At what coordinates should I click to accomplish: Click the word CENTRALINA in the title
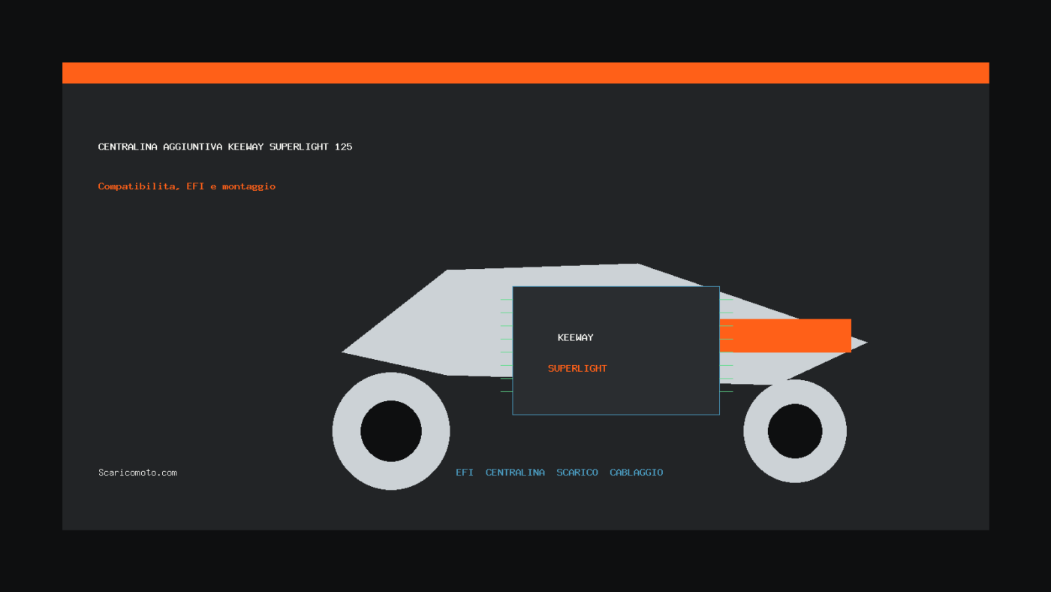[x=128, y=147]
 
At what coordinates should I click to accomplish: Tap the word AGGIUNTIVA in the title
[x=193, y=147]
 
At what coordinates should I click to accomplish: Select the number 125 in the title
[x=344, y=147]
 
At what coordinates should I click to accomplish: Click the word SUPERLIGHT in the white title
[x=299, y=147]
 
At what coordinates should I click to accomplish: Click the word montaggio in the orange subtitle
[x=248, y=186]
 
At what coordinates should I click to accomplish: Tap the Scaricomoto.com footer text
[x=137, y=473]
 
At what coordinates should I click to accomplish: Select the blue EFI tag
[x=465, y=473]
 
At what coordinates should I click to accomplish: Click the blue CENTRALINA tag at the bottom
[x=515, y=473]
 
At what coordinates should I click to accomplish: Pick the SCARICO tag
[x=577, y=473]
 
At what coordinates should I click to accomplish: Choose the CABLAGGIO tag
[x=637, y=473]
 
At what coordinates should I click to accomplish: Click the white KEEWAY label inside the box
[x=575, y=337]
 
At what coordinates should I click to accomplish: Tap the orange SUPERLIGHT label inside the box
[x=577, y=369]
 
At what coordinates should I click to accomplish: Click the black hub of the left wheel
[x=391, y=431]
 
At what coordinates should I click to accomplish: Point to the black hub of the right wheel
[x=795, y=431]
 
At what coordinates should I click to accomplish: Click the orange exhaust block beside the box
[x=785, y=336]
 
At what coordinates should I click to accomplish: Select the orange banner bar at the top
[x=525, y=73]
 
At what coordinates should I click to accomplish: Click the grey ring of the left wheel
[x=346, y=431]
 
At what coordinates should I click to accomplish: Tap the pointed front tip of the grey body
[x=342, y=352]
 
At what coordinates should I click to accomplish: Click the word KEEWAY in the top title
[x=246, y=147]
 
